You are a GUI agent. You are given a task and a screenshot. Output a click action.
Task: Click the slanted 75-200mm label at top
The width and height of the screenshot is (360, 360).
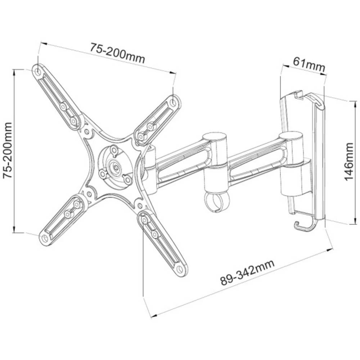click(117, 53)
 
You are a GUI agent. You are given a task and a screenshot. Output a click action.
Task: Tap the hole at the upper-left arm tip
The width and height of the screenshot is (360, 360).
click(38, 71)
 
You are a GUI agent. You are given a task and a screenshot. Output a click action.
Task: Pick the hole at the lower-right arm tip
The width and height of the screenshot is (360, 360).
click(180, 269)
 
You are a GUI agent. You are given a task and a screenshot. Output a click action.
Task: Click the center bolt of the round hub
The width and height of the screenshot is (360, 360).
click(115, 166)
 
